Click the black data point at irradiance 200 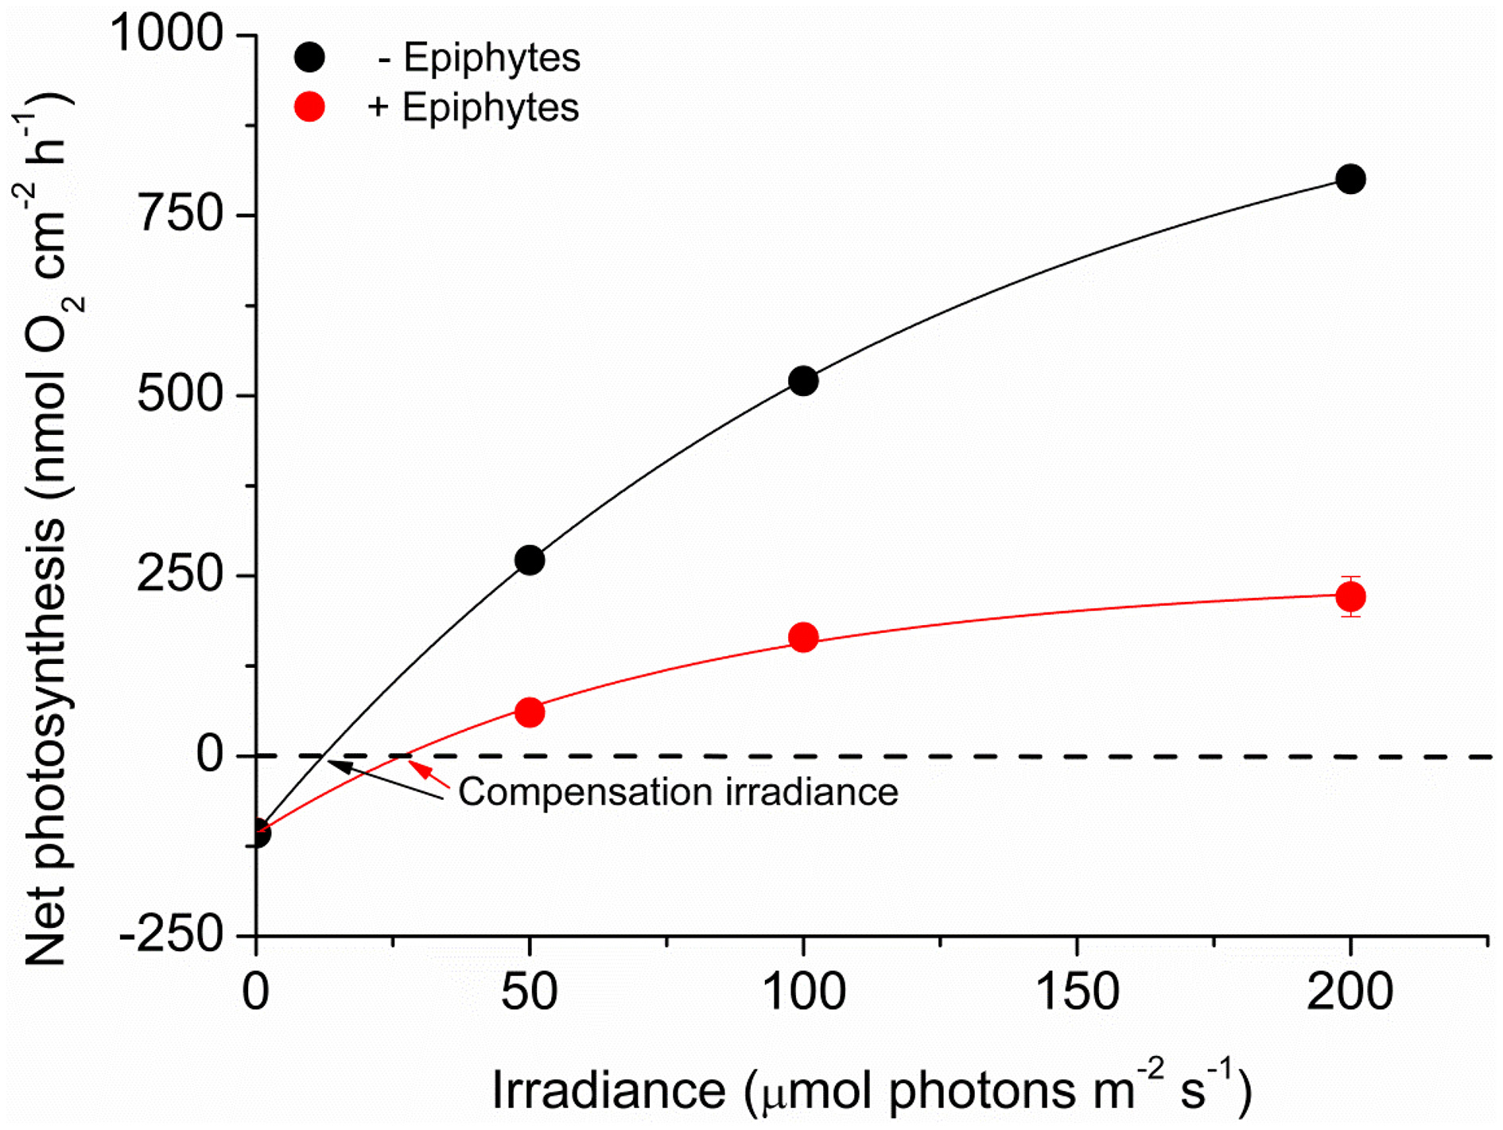(1350, 179)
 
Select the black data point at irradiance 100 (803, 381)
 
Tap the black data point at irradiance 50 (530, 561)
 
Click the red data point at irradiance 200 (1350, 596)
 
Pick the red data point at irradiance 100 (803, 637)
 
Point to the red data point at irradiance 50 (530, 712)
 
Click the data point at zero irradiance (258, 833)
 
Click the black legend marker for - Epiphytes (309, 57)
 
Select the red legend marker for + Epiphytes (309, 107)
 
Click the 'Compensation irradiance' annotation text (678, 792)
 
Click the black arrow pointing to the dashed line (382, 778)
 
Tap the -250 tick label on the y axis (171, 935)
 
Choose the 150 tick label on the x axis (1076, 992)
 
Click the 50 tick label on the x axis (529, 992)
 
